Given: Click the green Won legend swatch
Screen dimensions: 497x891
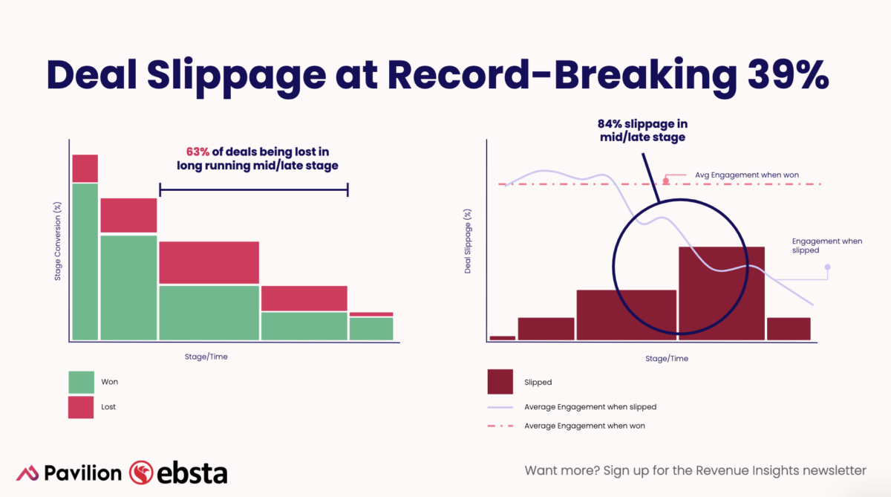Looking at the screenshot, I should [81, 382].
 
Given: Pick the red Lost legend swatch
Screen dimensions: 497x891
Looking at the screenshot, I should [81, 407].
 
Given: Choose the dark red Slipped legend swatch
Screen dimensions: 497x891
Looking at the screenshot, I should [500, 382].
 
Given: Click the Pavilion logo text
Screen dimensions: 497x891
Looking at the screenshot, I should [82, 473].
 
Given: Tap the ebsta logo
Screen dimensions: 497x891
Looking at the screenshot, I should [178, 472].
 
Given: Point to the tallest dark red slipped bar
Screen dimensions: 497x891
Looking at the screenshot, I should [722, 293].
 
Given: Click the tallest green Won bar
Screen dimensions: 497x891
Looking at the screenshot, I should [85, 262].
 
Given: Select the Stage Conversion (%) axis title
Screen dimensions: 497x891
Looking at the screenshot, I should [58, 242].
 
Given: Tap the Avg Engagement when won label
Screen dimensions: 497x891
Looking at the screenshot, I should [746, 175].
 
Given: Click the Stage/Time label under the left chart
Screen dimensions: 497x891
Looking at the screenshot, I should [206, 357].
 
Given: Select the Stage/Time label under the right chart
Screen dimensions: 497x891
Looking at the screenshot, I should [667, 358].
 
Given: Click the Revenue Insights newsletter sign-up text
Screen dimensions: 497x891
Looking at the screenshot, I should [695, 470].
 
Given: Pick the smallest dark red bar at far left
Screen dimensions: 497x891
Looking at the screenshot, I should [503, 338].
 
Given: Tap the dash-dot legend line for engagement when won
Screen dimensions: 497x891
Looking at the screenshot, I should [500, 426].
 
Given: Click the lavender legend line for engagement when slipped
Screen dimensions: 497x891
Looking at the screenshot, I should [500, 407].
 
